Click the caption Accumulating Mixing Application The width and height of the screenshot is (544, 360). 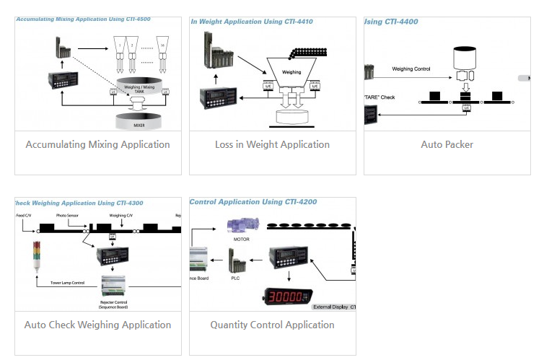point(97,144)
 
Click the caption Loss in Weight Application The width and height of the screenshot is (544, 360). point(272,144)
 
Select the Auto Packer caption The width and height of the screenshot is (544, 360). point(447,144)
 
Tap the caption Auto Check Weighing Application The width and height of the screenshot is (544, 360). point(97,325)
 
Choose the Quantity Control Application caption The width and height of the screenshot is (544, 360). point(272,325)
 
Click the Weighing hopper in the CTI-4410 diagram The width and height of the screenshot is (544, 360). point(291,73)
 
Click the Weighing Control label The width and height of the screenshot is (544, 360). point(411,69)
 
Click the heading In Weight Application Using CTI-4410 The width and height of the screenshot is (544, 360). point(252,22)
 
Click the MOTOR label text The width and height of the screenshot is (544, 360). point(242,238)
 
